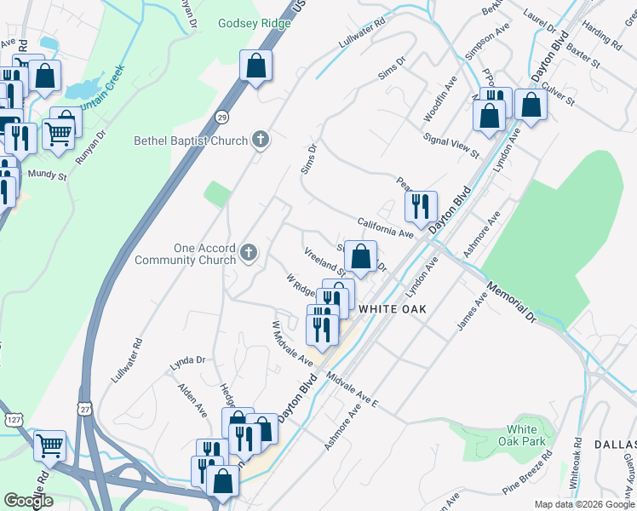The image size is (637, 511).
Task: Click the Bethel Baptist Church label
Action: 191,141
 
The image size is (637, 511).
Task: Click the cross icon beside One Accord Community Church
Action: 249,252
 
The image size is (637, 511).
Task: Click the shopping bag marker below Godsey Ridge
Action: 255,65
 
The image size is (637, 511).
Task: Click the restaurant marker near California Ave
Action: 421,205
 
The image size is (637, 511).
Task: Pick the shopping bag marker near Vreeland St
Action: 360,255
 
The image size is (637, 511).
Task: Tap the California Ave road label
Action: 385,227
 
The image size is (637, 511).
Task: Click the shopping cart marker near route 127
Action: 49,443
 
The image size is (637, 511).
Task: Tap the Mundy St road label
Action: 47,176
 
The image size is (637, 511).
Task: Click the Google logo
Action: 28,500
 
